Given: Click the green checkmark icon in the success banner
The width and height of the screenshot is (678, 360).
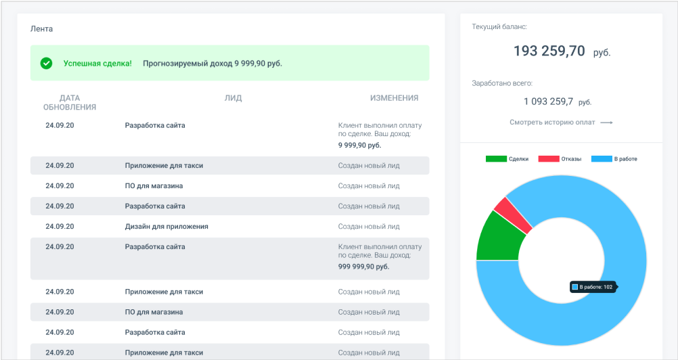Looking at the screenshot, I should pos(46,63).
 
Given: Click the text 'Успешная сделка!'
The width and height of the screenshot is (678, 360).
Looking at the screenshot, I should pos(97,64).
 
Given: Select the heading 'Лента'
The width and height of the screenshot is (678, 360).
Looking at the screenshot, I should pos(42,29).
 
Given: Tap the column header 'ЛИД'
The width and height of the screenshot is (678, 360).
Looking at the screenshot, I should pos(233,98).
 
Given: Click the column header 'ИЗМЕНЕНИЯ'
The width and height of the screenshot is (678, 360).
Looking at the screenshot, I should pos(394,98).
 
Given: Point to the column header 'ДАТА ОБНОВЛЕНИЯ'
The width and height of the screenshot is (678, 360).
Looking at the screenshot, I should pos(70,102).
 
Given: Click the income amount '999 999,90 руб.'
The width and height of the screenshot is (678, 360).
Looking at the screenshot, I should pos(363,267).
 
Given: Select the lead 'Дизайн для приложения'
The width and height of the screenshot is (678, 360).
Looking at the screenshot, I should pos(166,227).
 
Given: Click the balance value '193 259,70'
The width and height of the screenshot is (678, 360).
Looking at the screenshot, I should pos(549,51).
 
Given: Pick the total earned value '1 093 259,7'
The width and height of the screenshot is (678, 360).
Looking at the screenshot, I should pos(549,102).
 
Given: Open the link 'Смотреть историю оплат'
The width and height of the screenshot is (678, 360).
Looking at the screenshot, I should pos(552,122).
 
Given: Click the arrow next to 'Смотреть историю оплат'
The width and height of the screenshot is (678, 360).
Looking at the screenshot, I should pos(606,122).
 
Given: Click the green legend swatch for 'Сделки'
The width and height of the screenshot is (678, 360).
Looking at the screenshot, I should pos(495,159).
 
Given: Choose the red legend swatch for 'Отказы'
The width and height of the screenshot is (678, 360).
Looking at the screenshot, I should pos(548,159).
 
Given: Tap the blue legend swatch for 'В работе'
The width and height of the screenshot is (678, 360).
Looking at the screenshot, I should pos(601,159).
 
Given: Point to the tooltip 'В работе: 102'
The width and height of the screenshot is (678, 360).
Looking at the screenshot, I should pos(593,287).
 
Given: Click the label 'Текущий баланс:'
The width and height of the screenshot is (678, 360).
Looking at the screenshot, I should pos(499,27).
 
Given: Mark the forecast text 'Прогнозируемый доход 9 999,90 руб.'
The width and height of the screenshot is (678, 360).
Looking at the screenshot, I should pos(212,64).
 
